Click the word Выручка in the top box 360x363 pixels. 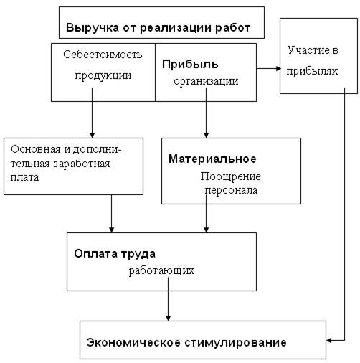tap(93, 28)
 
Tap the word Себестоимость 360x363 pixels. tap(103, 55)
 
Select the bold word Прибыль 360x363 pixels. tap(190, 65)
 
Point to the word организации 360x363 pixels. tap(206, 81)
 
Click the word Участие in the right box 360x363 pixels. tap(306, 50)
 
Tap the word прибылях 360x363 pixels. tap(312, 71)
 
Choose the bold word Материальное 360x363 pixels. tap(212, 159)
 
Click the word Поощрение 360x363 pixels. tap(230, 176)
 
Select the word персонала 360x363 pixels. tap(231, 190)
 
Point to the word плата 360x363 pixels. tap(24, 178)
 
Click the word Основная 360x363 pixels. tap(36, 150)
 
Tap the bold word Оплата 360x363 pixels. tap(95, 254)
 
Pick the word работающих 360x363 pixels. tap(161, 271)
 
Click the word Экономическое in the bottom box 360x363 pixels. tap(133, 343)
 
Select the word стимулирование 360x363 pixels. tap(235, 343)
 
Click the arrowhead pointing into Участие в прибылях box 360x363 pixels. tap(278, 69)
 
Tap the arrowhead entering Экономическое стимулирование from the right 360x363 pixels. tap(329, 340)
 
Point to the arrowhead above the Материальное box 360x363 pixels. tap(206, 135)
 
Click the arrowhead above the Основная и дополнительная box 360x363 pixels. tap(92, 135)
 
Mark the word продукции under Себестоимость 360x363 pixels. tap(103, 75)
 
